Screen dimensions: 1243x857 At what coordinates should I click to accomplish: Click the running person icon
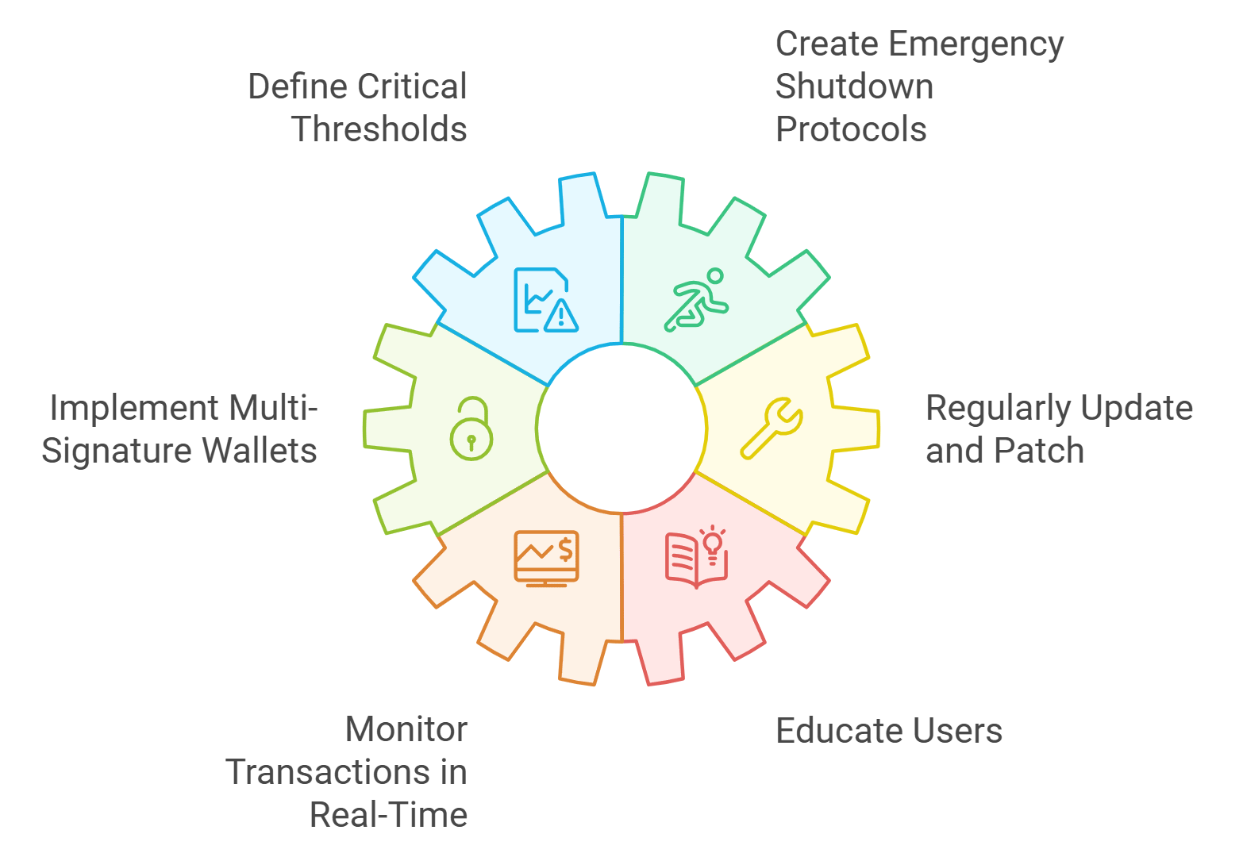(696, 300)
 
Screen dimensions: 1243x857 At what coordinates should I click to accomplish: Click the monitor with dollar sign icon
(546, 558)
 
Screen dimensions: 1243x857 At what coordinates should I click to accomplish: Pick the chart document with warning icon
(545, 300)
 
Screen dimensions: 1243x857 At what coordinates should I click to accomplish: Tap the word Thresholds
(379, 129)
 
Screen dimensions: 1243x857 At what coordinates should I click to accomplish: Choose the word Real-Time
(388, 815)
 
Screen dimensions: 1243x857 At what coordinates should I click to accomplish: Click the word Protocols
(851, 129)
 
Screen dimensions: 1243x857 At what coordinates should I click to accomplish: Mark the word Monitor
(406, 729)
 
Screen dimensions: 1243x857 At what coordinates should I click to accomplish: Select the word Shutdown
(854, 86)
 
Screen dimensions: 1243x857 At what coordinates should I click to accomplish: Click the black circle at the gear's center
(621, 428)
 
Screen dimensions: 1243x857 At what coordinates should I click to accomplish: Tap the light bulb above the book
(712, 540)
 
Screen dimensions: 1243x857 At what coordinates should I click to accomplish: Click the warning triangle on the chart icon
(562, 317)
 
